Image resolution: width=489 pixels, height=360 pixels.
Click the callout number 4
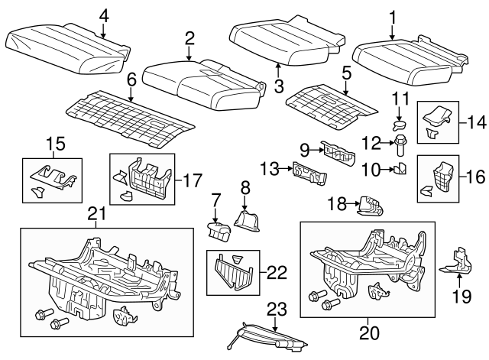click(104, 14)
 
